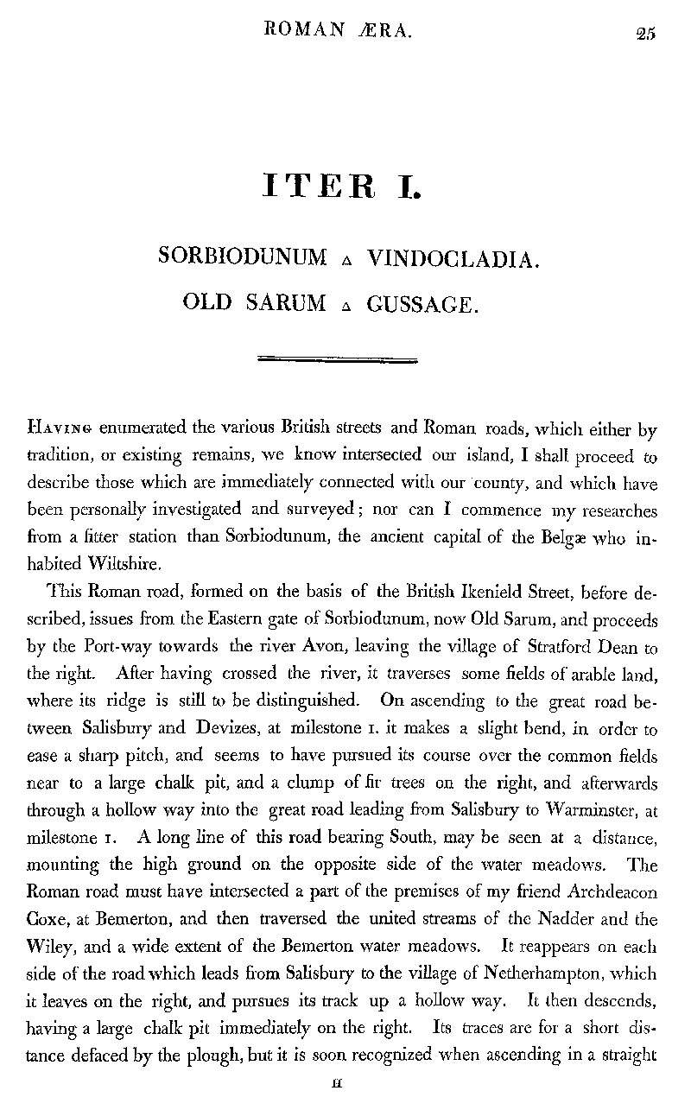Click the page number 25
click(x=644, y=34)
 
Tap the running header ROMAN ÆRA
click(x=340, y=32)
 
